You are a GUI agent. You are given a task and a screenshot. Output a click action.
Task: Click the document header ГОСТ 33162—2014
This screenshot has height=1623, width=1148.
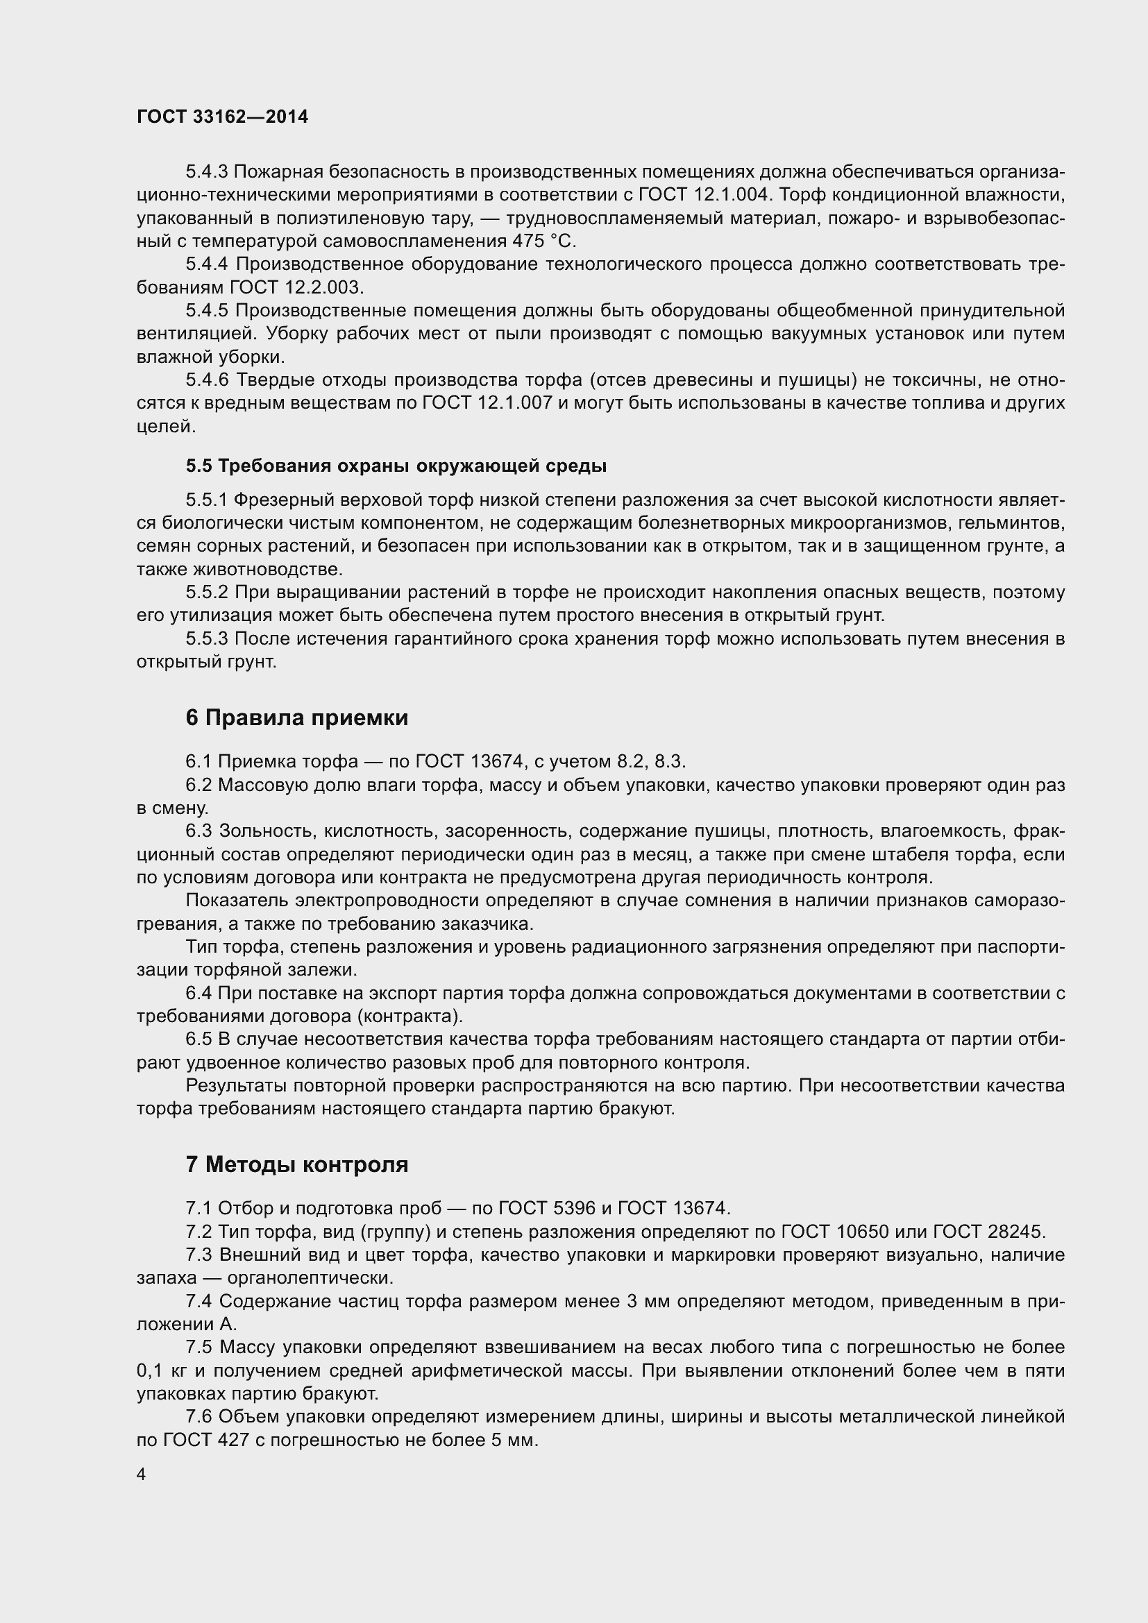coord(222,117)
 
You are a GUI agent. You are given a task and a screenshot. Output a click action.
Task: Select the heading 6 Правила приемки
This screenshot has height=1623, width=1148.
coord(297,718)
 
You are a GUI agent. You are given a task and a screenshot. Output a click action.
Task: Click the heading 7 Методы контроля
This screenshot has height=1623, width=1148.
coord(297,1164)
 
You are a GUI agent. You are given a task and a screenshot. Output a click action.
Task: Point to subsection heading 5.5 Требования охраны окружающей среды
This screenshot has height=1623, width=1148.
coord(396,466)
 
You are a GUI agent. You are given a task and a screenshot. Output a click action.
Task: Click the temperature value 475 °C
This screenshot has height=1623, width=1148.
coord(545,241)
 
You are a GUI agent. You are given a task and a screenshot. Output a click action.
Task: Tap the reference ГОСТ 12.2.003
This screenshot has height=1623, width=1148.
coord(296,288)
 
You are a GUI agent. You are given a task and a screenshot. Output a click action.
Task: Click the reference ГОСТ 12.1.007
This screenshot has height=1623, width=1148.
coord(487,404)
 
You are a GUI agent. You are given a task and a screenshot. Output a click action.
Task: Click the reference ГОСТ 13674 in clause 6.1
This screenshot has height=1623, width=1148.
coord(469,761)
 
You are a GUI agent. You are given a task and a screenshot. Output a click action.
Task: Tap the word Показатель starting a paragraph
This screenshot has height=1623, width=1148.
coord(237,901)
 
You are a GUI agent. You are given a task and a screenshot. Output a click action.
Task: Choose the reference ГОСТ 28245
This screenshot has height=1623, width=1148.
coord(988,1232)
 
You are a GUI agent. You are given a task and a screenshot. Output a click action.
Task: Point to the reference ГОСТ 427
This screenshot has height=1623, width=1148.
coord(201,1441)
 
